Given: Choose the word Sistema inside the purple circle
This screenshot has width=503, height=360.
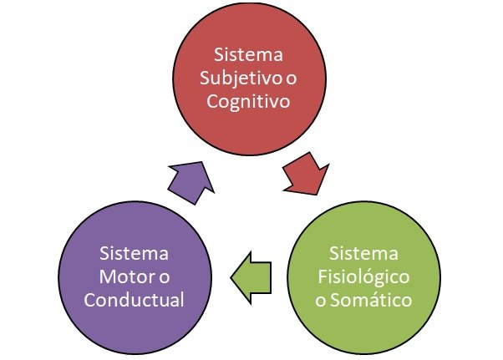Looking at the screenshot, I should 134,251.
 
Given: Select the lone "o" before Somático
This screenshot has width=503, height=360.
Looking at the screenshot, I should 322,300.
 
